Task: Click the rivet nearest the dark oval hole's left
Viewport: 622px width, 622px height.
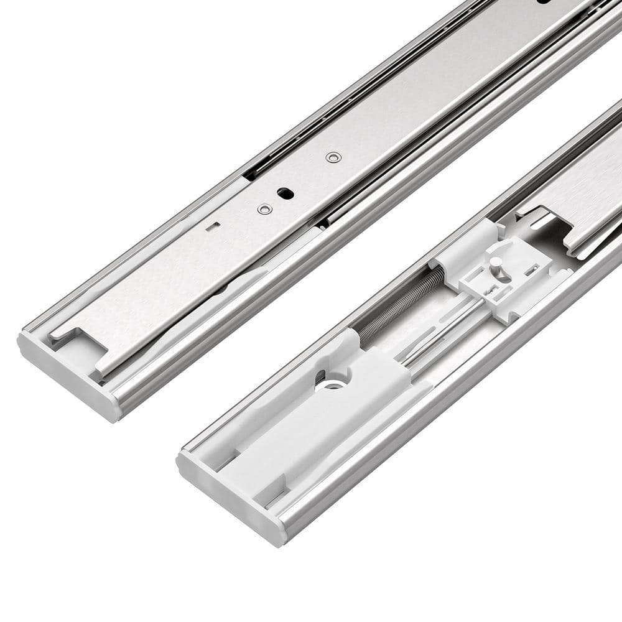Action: tap(264, 210)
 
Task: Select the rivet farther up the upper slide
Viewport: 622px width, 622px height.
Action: tap(333, 157)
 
